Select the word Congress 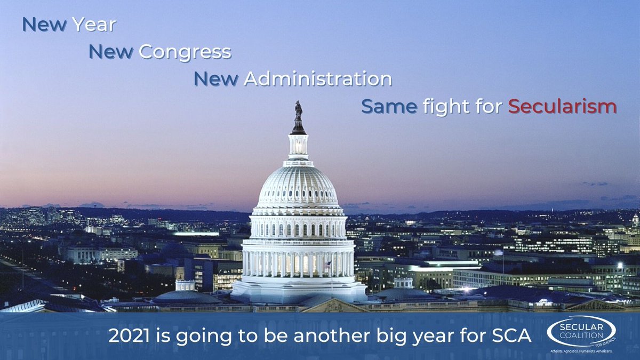tap(185, 53)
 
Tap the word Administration tap(318, 78)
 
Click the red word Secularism tap(562, 106)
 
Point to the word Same tap(389, 107)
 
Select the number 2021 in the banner tap(129, 335)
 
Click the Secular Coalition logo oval tap(581, 331)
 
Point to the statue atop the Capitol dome tap(299, 111)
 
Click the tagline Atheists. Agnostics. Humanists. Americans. tap(581, 351)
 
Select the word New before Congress tap(111, 52)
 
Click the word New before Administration tap(216, 78)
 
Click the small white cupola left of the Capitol tap(185, 285)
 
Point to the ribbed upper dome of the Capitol tap(298, 187)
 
